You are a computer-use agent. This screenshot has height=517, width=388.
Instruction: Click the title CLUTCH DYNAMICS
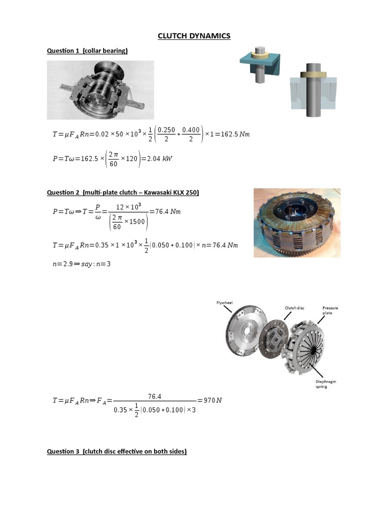[194, 36]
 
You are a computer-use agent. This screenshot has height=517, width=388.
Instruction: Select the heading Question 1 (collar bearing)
[87, 50]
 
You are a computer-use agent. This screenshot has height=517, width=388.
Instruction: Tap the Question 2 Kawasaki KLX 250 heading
[123, 192]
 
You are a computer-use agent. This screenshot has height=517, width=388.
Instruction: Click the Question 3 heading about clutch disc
[117, 451]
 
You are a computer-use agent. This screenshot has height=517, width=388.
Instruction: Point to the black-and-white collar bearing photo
[101, 90]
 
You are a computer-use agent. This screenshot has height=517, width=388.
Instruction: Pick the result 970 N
[212, 400]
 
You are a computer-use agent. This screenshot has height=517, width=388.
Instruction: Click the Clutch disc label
[295, 307]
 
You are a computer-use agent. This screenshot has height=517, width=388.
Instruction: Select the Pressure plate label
[330, 310]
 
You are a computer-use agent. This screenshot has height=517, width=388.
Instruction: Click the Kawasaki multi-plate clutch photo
[297, 223]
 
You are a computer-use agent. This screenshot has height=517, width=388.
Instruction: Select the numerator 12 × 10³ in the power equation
[128, 206]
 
